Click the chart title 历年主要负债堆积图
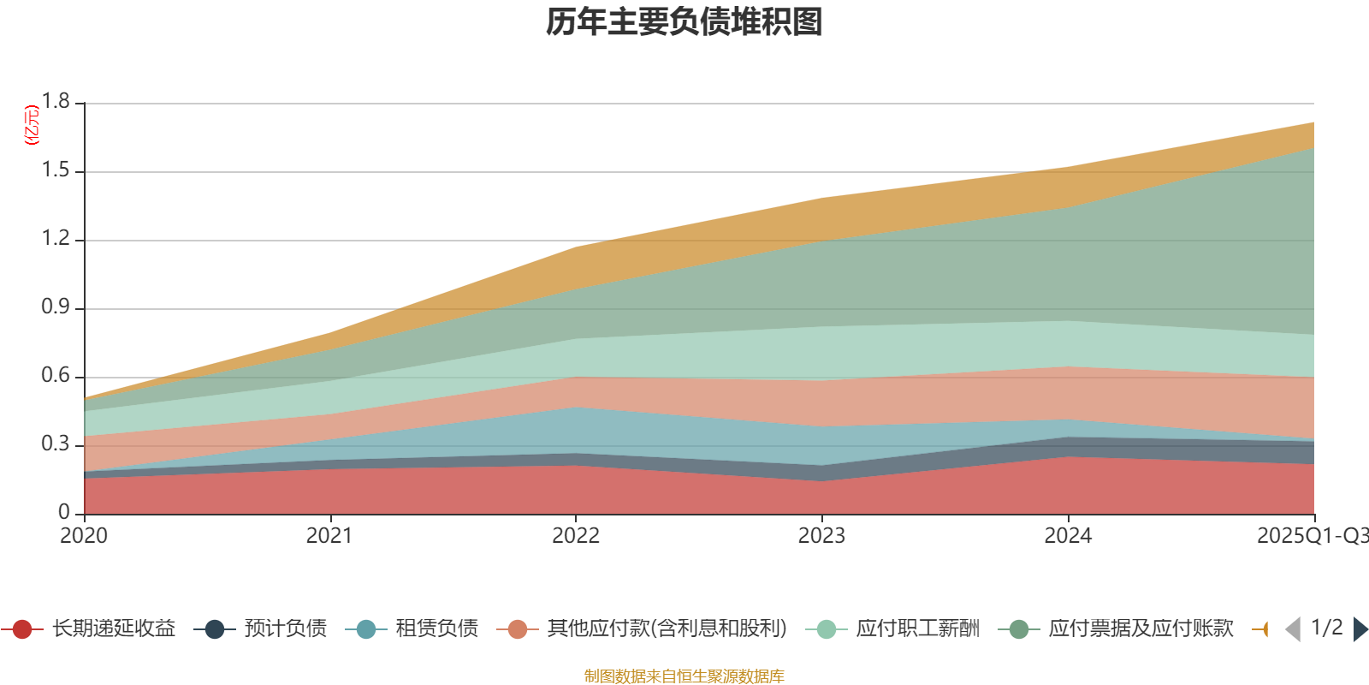pyautogui.click(x=684, y=22)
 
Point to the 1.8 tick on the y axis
pyautogui.click(x=56, y=102)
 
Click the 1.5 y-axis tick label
pyautogui.click(x=56, y=170)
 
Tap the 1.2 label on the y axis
pyautogui.click(x=56, y=239)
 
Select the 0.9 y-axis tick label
pyautogui.click(x=56, y=307)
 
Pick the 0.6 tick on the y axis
pyautogui.click(x=56, y=376)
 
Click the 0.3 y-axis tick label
pyautogui.click(x=56, y=444)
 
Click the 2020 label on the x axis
pyautogui.click(x=84, y=536)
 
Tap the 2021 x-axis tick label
pyautogui.click(x=329, y=536)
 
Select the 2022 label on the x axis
pyautogui.click(x=576, y=536)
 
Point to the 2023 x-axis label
pyautogui.click(x=821, y=536)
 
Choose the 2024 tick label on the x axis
pyautogui.click(x=1068, y=536)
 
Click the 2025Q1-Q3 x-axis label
pyautogui.click(x=1312, y=536)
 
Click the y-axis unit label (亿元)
pyautogui.click(x=33, y=125)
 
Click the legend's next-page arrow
pyautogui.click(x=1360, y=629)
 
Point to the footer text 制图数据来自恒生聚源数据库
pyautogui.click(x=684, y=676)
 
